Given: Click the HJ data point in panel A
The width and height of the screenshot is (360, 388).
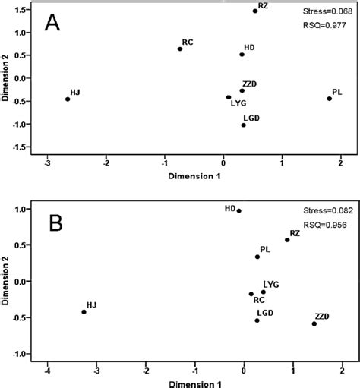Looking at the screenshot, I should coord(68,99).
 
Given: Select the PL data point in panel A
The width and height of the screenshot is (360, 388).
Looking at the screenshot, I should coord(330,99).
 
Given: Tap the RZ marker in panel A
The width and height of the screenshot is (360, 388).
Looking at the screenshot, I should coord(255,11).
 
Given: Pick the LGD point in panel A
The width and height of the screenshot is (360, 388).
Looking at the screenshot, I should coord(243,125).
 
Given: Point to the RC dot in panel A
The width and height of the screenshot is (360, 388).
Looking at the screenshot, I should coord(180,49).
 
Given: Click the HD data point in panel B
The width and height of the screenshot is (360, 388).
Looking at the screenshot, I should coord(238,210).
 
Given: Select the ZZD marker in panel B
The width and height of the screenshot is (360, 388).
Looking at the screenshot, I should coord(314,323).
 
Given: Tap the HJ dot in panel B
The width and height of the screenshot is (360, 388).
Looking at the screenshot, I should coord(84,311).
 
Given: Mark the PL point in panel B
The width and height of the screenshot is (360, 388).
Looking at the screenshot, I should coord(257,257).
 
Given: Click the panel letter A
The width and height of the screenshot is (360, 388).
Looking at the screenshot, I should coord(52,22).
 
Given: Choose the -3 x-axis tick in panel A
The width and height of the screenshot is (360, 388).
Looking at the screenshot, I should coord(47,161).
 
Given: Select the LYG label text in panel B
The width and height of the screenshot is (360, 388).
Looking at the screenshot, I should coord(271,284).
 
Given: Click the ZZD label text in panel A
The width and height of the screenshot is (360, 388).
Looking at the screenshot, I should coord(250,83).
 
